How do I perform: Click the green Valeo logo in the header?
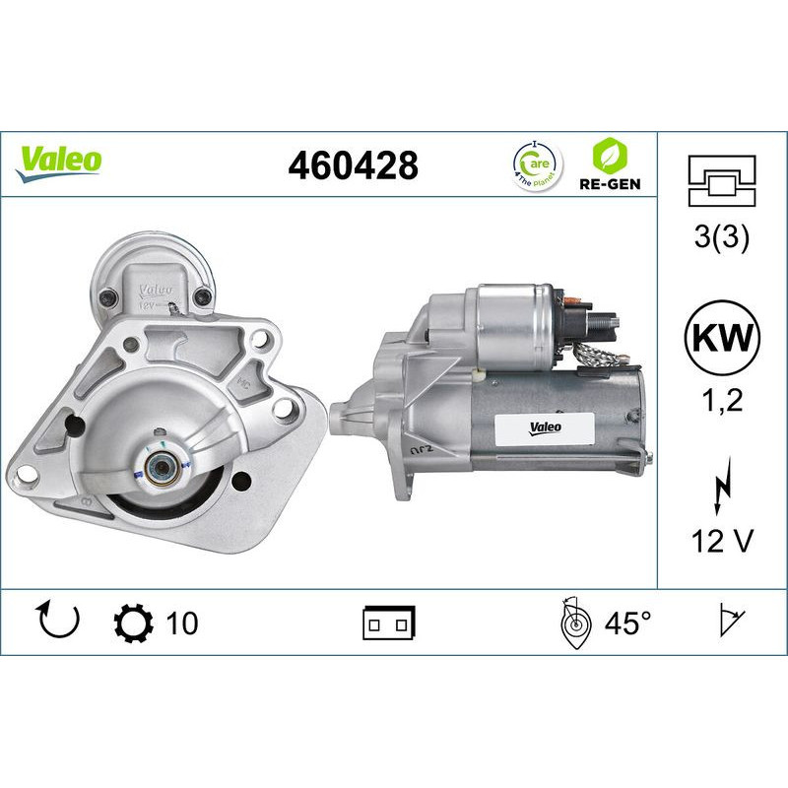[x=59, y=161]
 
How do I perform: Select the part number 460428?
[x=353, y=165]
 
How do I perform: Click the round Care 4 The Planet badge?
[x=536, y=163]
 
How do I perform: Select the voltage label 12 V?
[x=721, y=541]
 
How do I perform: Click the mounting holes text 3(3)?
[x=721, y=237]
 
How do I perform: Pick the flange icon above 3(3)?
[x=721, y=181]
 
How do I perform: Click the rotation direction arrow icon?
[x=56, y=622]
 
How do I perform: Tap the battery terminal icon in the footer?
[x=390, y=623]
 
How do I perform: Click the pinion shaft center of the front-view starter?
[x=159, y=465]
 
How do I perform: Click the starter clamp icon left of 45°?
[x=572, y=623]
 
